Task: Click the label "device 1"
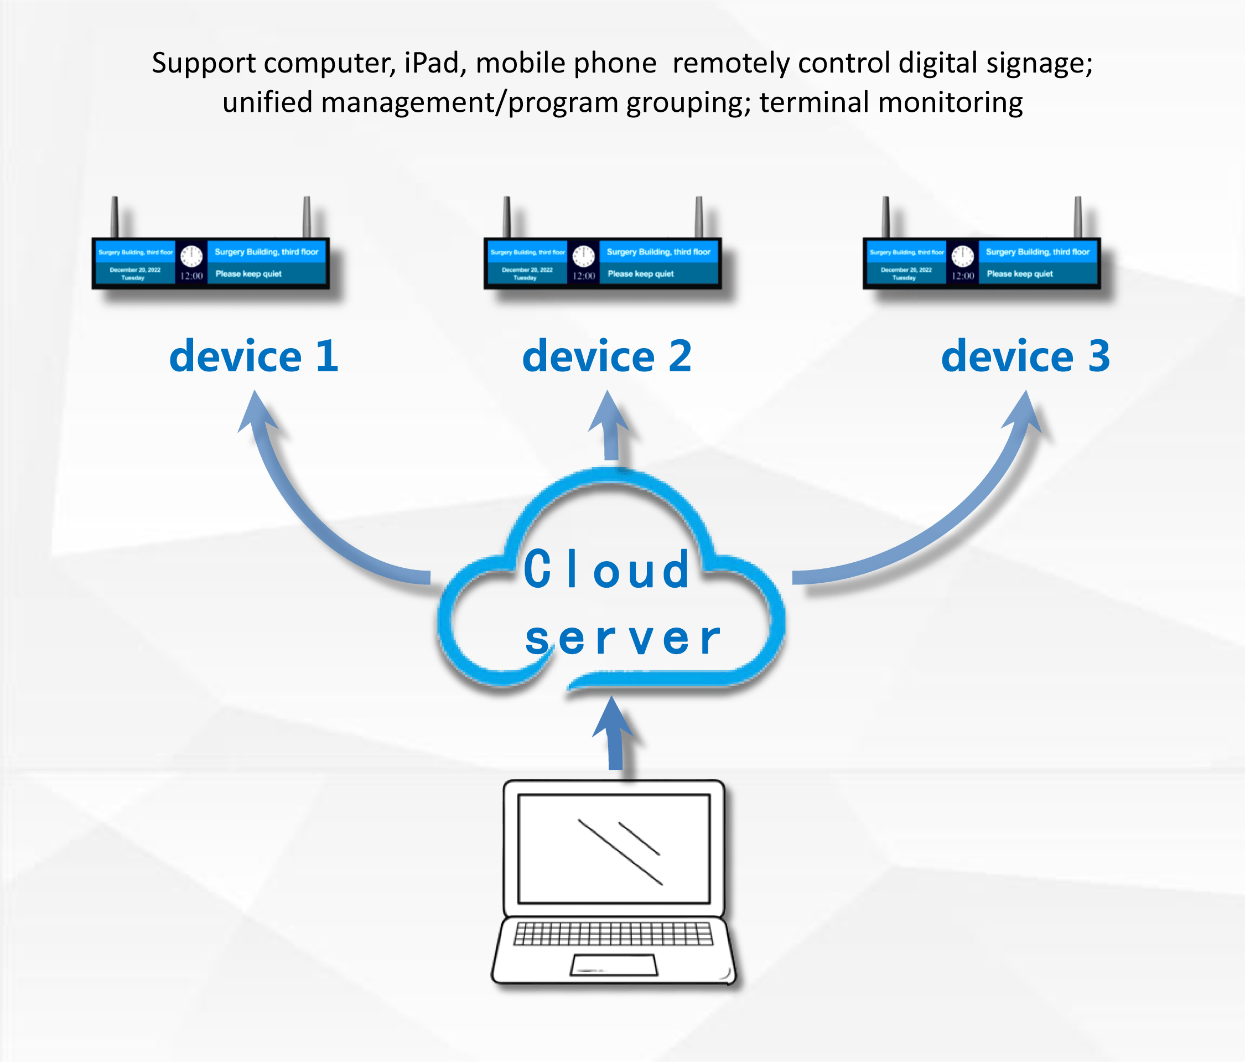pyautogui.click(x=253, y=356)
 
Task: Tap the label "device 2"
pyautogui.click(x=607, y=356)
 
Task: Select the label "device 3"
pyautogui.click(x=1025, y=356)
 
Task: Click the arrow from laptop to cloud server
pyautogui.click(x=614, y=737)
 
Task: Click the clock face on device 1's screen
pyautogui.click(x=191, y=256)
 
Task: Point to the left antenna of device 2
pyautogui.click(x=506, y=216)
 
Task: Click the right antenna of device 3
pyautogui.click(x=1078, y=216)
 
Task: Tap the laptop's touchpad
pyautogui.click(x=614, y=965)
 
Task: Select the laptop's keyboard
pyautogui.click(x=614, y=934)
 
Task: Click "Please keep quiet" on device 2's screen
pyautogui.click(x=641, y=274)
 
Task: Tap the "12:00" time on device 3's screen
pyautogui.click(x=963, y=276)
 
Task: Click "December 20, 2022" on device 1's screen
pyautogui.click(x=135, y=270)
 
